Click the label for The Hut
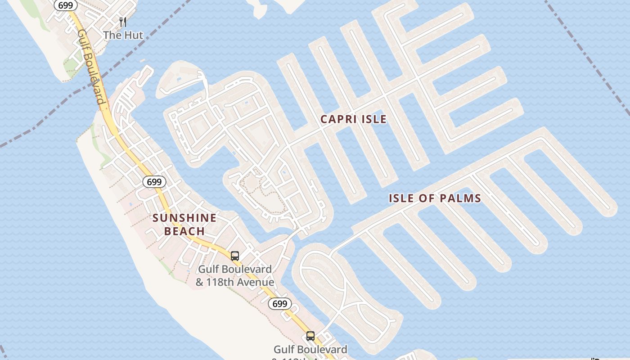pyautogui.click(x=123, y=35)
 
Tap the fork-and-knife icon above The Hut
pyautogui.click(x=122, y=22)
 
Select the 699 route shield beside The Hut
pyautogui.click(x=66, y=5)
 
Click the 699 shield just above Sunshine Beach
pyautogui.click(x=154, y=182)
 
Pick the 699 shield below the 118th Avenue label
pyautogui.click(x=279, y=304)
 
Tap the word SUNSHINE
pyautogui.click(x=184, y=218)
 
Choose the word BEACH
pyautogui.click(x=184, y=231)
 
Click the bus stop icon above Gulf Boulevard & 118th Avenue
pyautogui.click(x=235, y=256)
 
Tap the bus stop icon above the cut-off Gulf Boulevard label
pyautogui.click(x=310, y=336)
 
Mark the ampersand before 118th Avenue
pyautogui.click(x=199, y=283)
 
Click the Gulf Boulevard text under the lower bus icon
pyautogui.click(x=310, y=349)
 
